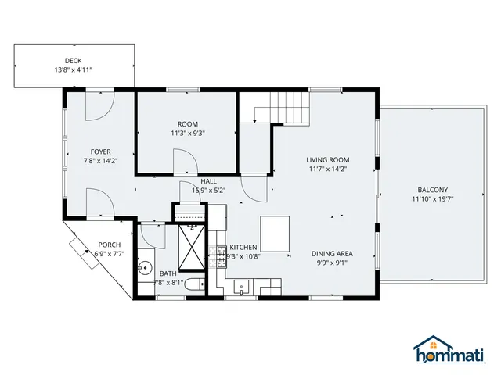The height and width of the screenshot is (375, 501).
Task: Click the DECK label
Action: point(74,61)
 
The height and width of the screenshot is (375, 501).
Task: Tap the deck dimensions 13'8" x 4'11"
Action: point(74,70)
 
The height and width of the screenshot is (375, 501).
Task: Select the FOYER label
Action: point(100,152)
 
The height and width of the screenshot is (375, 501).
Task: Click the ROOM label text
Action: point(188,124)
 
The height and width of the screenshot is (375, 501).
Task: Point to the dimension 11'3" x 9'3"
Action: point(188,133)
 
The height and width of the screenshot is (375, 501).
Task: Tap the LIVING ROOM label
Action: point(327,160)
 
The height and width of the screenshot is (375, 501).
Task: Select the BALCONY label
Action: point(433,190)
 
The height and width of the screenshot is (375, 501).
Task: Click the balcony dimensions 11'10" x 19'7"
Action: point(433,198)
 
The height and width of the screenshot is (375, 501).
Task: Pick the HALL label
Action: point(208,180)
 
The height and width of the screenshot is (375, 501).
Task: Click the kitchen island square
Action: point(275,231)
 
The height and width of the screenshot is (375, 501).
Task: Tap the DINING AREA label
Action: point(332,253)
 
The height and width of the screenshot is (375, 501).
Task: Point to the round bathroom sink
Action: point(144,268)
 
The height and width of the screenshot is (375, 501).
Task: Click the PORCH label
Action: point(110,245)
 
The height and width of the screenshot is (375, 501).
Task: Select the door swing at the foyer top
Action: point(100,106)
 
